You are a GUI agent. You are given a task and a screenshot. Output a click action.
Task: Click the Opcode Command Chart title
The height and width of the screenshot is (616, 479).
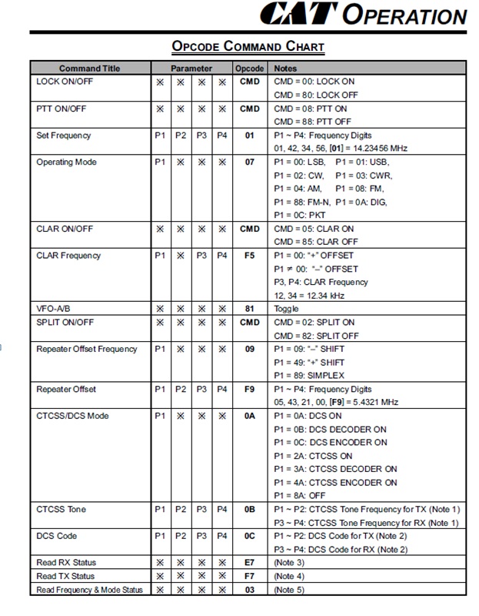point(248,47)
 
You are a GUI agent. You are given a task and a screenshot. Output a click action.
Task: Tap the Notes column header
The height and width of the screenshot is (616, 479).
point(286,69)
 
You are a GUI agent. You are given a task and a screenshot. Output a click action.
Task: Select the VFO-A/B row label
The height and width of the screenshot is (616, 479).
point(54,309)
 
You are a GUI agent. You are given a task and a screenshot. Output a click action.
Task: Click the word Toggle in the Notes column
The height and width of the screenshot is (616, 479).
point(287,309)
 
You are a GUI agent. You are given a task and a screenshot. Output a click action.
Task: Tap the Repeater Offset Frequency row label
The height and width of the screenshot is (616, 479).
point(87,349)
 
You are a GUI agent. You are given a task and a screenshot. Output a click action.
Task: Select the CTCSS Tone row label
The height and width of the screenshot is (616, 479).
point(62,509)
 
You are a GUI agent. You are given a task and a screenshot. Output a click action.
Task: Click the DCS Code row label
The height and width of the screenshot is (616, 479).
point(57,536)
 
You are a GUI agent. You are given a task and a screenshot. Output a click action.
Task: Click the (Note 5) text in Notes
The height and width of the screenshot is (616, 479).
point(289,590)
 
